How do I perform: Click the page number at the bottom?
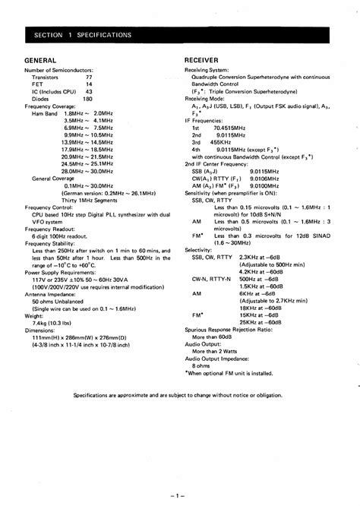(179, 495)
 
